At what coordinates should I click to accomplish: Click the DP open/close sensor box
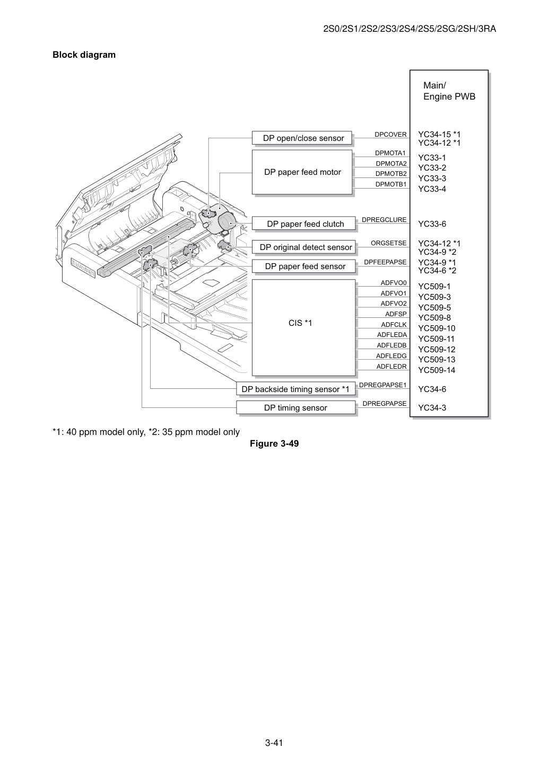point(302,138)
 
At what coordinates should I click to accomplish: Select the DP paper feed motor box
point(302,172)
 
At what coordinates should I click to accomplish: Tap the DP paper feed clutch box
point(303,223)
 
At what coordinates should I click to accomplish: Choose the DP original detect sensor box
point(303,247)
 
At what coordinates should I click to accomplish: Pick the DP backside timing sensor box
point(296,388)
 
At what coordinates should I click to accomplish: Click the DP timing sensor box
point(296,407)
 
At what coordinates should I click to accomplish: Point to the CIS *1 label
point(300,323)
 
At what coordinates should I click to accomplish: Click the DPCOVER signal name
point(390,135)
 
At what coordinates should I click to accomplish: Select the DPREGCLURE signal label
point(384,220)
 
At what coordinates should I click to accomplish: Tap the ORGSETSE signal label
point(388,243)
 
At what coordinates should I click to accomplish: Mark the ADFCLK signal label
point(394,324)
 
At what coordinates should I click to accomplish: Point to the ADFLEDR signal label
point(391,366)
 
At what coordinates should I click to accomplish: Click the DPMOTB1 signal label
point(391,184)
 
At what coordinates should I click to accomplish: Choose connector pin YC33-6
point(432,224)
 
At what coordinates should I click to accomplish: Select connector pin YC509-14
point(437,370)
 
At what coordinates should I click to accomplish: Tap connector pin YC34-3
point(432,408)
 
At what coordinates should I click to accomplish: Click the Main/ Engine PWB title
point(449,91)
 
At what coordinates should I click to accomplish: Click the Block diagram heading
point(84,55)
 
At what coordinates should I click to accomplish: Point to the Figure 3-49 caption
point(274,443)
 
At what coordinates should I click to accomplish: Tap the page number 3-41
point(274,743)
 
